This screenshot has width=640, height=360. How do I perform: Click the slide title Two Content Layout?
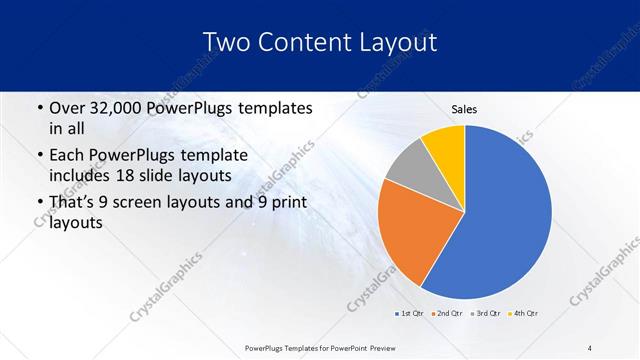pos(319,42)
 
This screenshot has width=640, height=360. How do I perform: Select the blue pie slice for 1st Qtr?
pos(510,215)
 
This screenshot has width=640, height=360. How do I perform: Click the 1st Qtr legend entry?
pos(409,314)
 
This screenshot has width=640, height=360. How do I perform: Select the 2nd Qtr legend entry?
pos(446,314)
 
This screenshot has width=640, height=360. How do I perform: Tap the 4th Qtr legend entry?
pos(521,314)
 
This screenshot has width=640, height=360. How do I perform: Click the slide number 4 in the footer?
pos(590,347)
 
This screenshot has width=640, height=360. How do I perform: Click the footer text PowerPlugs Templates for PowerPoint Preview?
pos(320,347)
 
